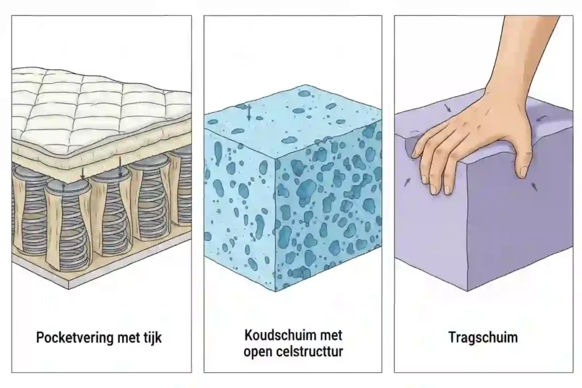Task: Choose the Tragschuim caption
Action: pos(483,337)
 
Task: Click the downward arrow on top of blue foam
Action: pos(248,112)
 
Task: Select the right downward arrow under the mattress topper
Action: pos(120,165)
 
